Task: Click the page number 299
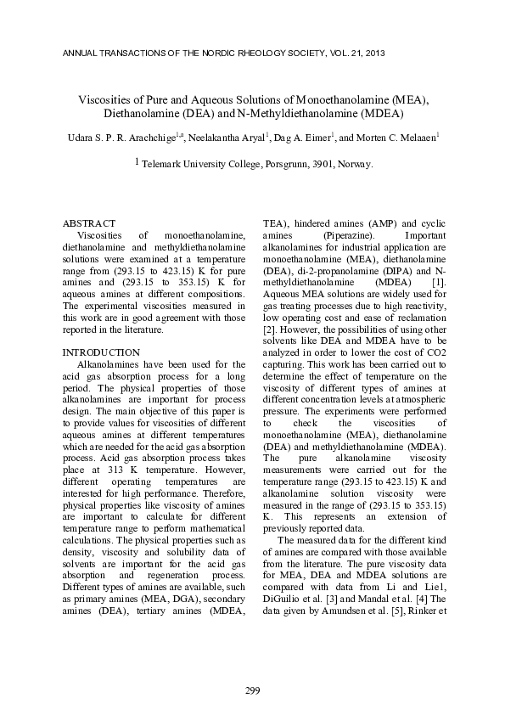[x=252, y=690]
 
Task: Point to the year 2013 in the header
[x=373, y=53]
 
